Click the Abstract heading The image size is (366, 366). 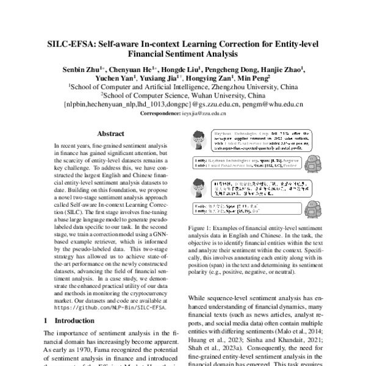pos(111,134)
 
